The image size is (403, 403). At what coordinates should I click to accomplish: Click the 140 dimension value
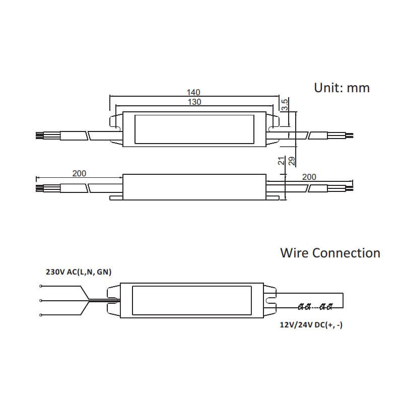tap(193, 92)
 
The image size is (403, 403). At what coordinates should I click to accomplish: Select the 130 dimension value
tap(194, 102)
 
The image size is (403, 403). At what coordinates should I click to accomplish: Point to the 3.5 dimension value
tap(285, 105)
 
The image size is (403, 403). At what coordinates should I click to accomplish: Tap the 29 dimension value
tap(292, 161)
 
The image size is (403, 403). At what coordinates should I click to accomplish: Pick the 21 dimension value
tap(282, 161)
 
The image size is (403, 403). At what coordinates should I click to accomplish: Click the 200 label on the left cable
tap(79, 173)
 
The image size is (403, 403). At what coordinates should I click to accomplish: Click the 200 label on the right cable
tap(309, 177)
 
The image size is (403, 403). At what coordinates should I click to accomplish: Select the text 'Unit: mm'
tap(342, 88)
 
